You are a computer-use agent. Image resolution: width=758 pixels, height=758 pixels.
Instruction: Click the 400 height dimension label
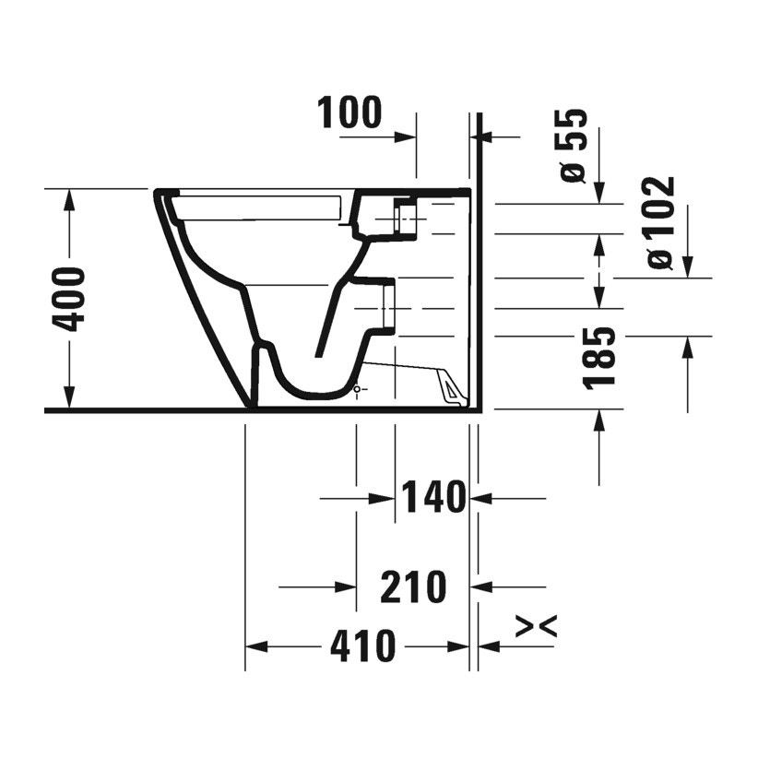point(68,300)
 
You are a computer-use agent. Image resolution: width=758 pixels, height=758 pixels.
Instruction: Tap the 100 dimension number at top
point(349,113)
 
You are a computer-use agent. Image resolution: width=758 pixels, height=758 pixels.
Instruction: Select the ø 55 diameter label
point(574,146)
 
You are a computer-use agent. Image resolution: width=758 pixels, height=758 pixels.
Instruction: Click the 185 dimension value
point(599,358)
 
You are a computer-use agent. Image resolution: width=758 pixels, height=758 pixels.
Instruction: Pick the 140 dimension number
point(432,497)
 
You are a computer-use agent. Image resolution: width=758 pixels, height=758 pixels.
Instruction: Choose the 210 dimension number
point(413,586)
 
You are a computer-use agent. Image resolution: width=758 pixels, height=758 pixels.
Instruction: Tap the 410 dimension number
point(362,646)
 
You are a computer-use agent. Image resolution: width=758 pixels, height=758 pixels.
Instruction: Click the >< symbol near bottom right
point(536,627)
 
